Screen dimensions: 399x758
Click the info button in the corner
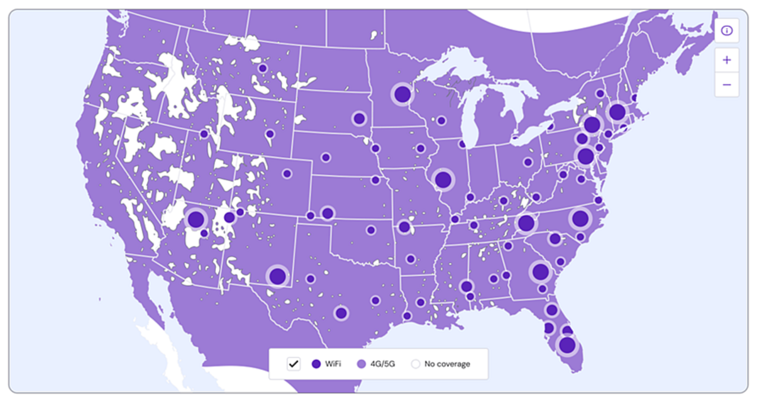726,31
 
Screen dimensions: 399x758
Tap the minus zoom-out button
726,85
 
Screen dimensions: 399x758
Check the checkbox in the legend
294,364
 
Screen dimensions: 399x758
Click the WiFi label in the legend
333,364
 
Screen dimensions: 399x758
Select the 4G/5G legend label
382,364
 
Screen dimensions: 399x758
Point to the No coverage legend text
447,364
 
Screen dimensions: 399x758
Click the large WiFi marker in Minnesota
402,94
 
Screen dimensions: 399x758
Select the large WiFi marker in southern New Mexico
277,276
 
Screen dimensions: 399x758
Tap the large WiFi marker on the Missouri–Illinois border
443,180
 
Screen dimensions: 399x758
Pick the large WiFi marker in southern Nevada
196,219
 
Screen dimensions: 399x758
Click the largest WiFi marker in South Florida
567,345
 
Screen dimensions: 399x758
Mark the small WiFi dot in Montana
263,68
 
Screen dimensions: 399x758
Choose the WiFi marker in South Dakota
359,119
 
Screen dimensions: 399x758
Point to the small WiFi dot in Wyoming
270,134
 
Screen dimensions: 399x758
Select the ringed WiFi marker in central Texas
341,313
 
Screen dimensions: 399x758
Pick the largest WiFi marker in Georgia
541,272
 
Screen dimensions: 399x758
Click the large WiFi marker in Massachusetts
617,112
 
